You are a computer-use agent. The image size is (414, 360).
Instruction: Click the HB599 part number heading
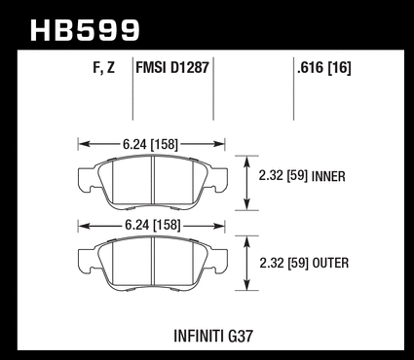(x=85, y=30)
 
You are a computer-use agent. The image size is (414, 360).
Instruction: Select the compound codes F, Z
(x=104, y=68)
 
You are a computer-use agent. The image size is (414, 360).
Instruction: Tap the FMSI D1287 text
(x=172, y=68)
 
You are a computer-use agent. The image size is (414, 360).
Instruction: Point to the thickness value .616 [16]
(x=324, y=68)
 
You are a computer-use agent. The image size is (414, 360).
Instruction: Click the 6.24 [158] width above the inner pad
(x=150, y=144)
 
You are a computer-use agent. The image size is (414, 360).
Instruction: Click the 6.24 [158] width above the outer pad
(x=152, y=225)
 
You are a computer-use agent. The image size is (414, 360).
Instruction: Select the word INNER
(x=328, y=176)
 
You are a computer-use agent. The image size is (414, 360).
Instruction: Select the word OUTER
(x=330, y=263)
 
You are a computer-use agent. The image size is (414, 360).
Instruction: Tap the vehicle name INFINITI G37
(x=213, y=336)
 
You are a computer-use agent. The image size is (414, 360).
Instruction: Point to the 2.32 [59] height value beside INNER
(x=282, y=176)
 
